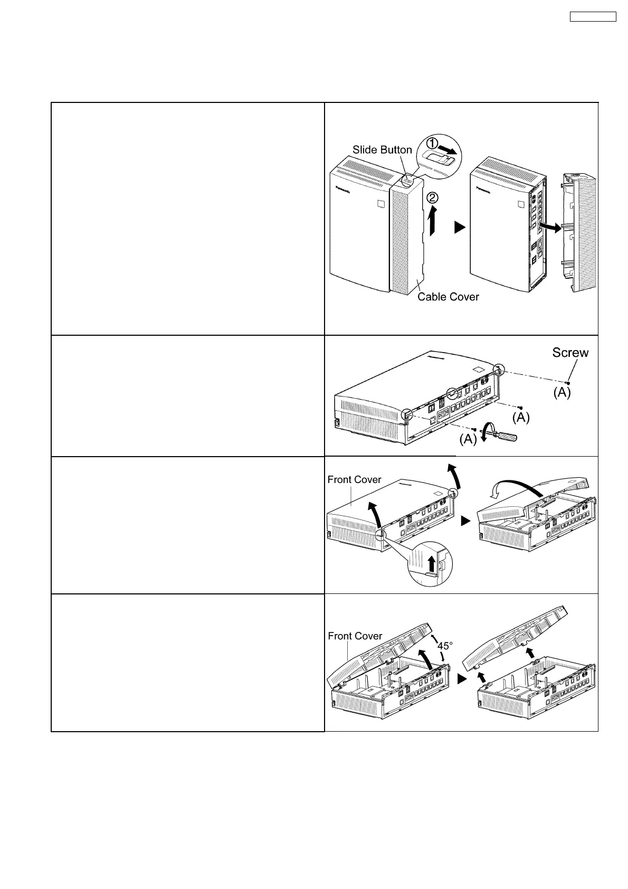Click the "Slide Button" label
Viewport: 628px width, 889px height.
pyautogui.click(x=382, y=150)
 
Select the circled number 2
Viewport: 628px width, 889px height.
pyautogui.click(x=432, y=198)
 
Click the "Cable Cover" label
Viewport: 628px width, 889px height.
pyautogui.click(x=448, y=297)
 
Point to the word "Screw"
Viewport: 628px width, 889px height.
pyautogui.click(x=570, y=353)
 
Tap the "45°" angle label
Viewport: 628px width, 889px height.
pyautogui.click(x=446, y=646)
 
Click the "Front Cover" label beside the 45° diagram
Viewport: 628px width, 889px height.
pyautogui.click(x=355, y=636)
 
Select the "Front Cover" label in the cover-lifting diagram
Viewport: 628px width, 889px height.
pyautogui.click(x=354, y=479)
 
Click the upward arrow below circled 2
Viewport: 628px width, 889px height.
pyautogui.click(x=432, y=222)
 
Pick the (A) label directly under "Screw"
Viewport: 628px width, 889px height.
pyautogui.click(x=562, y=393)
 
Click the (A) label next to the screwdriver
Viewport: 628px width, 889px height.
pyautogui.click(x=468, y=439)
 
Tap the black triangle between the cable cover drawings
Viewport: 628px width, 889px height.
pyautogui.click(x=460, y=228)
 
